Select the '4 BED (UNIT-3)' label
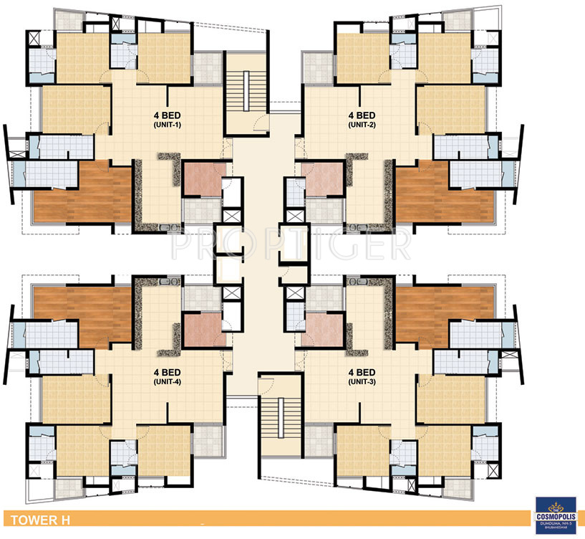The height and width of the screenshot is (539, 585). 362,377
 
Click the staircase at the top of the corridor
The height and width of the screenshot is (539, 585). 245,94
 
